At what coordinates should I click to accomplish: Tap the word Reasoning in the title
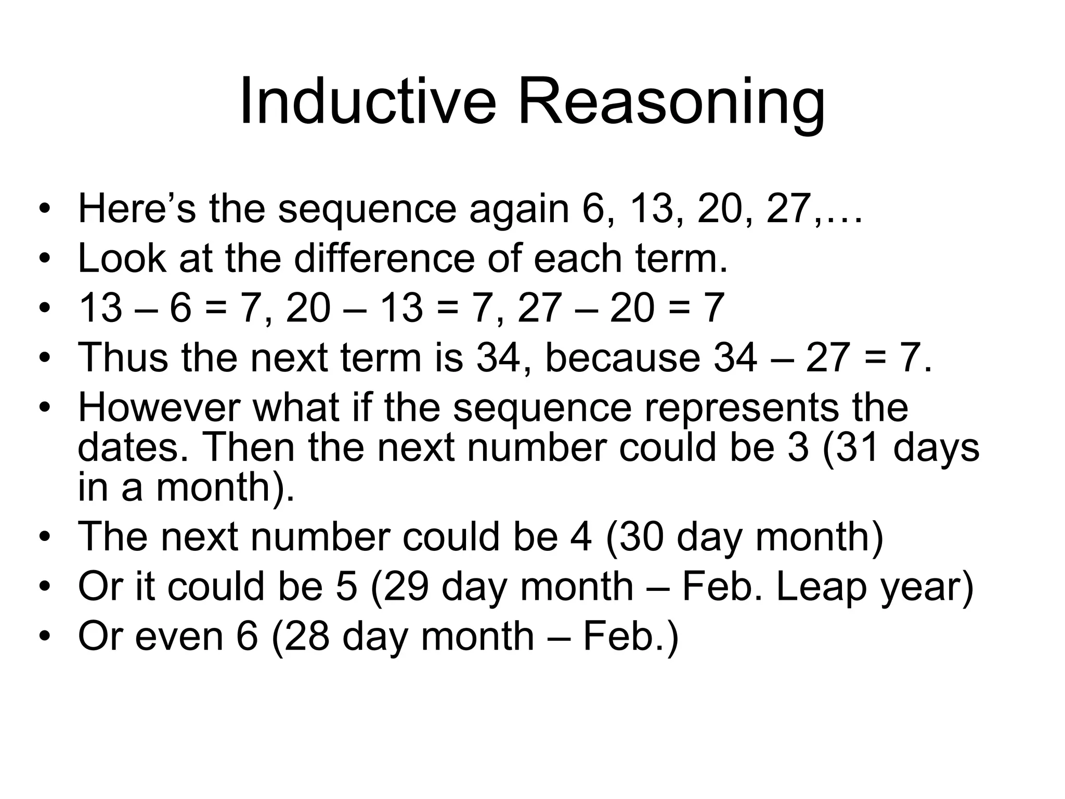[671, 104]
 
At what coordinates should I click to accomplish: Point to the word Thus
[123, 357]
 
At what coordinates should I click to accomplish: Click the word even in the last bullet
[179, 636]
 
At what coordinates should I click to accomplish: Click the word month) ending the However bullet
[225, 488]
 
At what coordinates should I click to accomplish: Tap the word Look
[122, 259]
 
